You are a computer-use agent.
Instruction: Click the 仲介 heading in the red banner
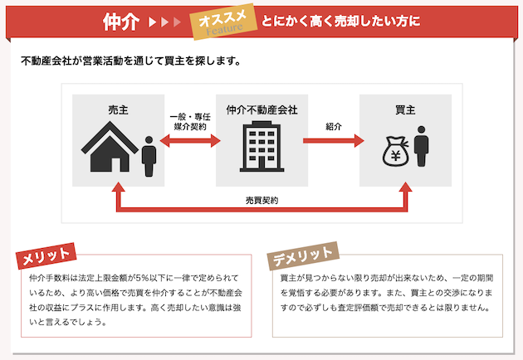tap(120, 22)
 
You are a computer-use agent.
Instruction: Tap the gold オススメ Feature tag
tap(223, 22)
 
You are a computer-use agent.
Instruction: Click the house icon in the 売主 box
tap(110, 146)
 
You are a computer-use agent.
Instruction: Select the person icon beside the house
tap(149, 156)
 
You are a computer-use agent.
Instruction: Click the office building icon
tap(261, 147)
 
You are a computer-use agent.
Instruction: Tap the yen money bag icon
tap(396, 152)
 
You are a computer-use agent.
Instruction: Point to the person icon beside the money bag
tap(421, 146)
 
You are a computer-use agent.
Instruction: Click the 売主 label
tap(118, 109)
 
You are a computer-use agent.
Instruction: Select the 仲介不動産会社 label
tap(261, 109)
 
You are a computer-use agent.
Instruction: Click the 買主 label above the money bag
tap(405, 109)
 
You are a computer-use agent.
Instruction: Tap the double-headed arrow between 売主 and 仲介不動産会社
tap(190, 140)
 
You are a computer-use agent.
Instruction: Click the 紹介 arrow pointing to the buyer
tap(333, 140)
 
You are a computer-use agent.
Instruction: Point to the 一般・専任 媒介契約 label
tap(190, 122)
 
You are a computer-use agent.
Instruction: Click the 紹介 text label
tap(334, 126)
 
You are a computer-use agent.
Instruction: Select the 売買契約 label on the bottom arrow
tap(261, 200)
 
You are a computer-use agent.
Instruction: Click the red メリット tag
tap(46, 255)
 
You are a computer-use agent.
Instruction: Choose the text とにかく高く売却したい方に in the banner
tap(340, 21)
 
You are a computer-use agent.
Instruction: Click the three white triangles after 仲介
tap(164, 22)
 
